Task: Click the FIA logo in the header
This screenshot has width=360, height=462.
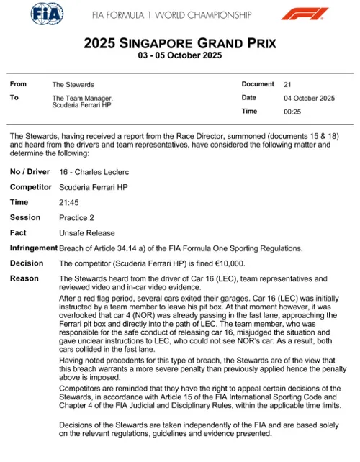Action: click(47, 14)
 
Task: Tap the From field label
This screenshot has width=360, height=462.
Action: click(18, 84)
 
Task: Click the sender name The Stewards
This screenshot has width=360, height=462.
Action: click(68, 84)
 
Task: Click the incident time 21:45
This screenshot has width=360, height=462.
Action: click(68, 202)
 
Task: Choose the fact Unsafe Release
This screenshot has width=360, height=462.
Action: click(85, 233)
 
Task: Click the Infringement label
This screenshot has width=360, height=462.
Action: click(34, 248)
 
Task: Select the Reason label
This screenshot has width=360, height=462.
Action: click(24, 278)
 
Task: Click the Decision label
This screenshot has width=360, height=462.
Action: click(27, 263)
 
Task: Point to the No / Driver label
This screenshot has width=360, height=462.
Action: click(30, 173)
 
